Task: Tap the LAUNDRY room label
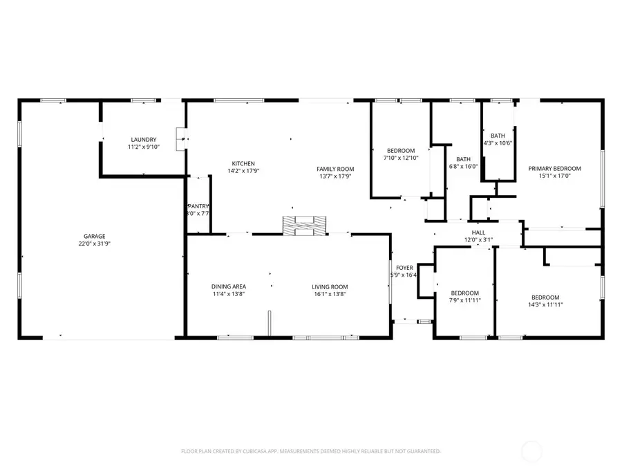142,139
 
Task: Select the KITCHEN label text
243,163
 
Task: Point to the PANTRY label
198,206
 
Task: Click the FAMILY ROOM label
334,169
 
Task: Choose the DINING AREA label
228,286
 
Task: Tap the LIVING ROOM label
330,286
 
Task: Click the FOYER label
404,267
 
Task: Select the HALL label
478,232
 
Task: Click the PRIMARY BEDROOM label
554,168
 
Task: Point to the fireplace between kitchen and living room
303,225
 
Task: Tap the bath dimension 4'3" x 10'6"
498,143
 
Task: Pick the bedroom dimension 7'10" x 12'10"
401,158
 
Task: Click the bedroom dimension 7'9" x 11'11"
464,300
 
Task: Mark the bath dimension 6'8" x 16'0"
463,166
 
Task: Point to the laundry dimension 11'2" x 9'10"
142,147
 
